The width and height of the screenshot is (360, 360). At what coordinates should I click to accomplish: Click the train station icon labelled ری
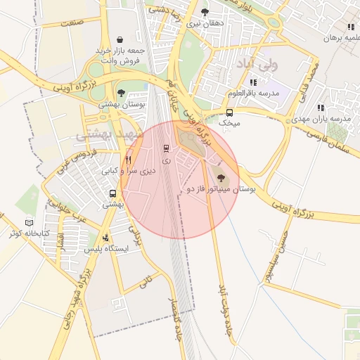[167, 148]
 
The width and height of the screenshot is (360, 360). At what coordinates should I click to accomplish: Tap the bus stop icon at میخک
[229, 112]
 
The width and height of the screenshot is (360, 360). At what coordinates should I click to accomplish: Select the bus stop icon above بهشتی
[112, 193]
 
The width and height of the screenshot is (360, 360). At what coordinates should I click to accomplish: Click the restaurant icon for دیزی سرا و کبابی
[128, 160]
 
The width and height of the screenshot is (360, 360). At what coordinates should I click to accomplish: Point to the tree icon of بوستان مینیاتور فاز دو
[221, 179]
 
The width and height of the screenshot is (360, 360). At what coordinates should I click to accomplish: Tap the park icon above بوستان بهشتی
[121, 93]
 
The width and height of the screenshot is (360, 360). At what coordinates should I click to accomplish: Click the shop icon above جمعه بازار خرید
[122, 39]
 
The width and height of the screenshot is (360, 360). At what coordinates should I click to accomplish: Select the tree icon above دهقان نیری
[205, 12]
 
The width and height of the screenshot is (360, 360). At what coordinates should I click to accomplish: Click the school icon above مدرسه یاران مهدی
[321, 108]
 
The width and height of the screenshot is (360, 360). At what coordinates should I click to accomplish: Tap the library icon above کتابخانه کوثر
[29, 222]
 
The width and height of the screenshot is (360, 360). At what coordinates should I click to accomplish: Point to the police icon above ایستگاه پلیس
[105, 238]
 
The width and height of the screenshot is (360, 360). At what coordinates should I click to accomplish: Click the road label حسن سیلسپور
[270, 250]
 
